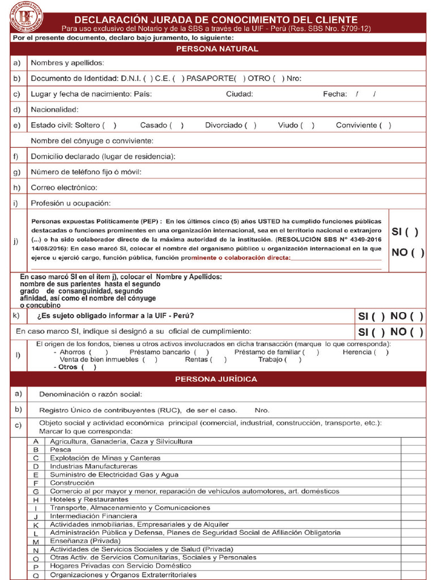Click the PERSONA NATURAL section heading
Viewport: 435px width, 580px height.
(217, 49)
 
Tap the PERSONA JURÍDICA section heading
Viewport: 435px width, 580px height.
(216, 379)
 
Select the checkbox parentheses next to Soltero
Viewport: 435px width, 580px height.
(110, 125)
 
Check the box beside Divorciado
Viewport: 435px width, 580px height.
(250, 125)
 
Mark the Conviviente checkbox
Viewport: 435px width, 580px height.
(385, 125)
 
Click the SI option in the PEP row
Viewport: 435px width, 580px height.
(406, 232)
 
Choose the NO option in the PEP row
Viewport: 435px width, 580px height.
(408, 253)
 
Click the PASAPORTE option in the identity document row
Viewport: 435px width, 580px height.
(216, 79)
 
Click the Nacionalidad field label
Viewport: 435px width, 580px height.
(54, 109)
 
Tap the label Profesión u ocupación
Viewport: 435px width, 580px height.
(71, 203)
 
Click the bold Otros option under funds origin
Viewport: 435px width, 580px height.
(75, 367)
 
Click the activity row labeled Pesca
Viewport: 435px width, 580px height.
(61, 449)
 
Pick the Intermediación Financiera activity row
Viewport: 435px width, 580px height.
(93, 516)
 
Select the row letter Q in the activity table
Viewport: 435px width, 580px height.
(36, 575)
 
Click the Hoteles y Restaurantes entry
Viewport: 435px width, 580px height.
(89, 500)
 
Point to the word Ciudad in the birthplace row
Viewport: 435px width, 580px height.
(240, 94)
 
